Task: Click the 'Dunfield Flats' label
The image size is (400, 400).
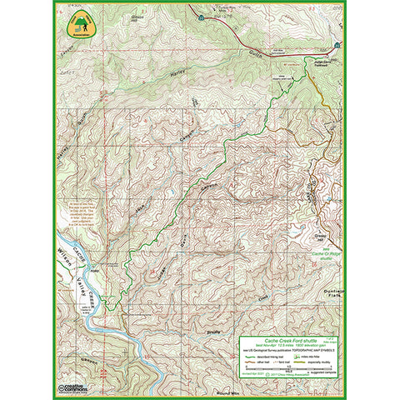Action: [x=332, y=292]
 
